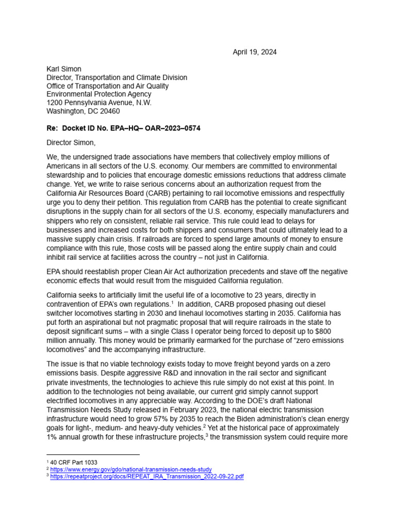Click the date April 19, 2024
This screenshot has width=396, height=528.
pyautogui.click(x=254, y=52)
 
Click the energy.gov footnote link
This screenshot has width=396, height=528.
pyautogui.click(x=131, y=469)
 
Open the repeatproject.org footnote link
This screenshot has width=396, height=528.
pyautogui.click(x=147, y=477)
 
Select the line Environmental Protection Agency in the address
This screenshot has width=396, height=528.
pyautogui.click(x=99, y=94)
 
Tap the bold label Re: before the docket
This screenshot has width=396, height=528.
pyautogui.click(x=53, y=128)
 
